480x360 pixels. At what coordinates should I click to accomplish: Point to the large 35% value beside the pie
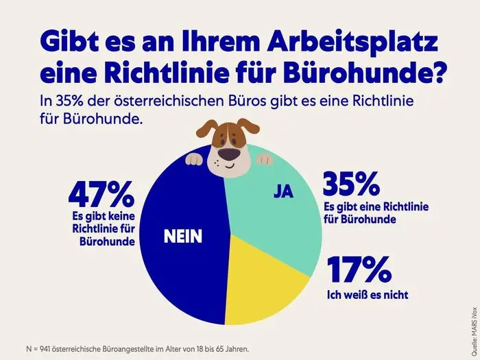(x=351, y=184)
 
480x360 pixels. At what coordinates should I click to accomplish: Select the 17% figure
(x=358, y=270)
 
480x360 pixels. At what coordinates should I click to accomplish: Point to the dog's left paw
(x=194, y=159)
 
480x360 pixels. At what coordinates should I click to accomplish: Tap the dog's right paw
(x=263, y=159)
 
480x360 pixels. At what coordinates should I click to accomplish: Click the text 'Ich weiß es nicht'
(x=368, y=296)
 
